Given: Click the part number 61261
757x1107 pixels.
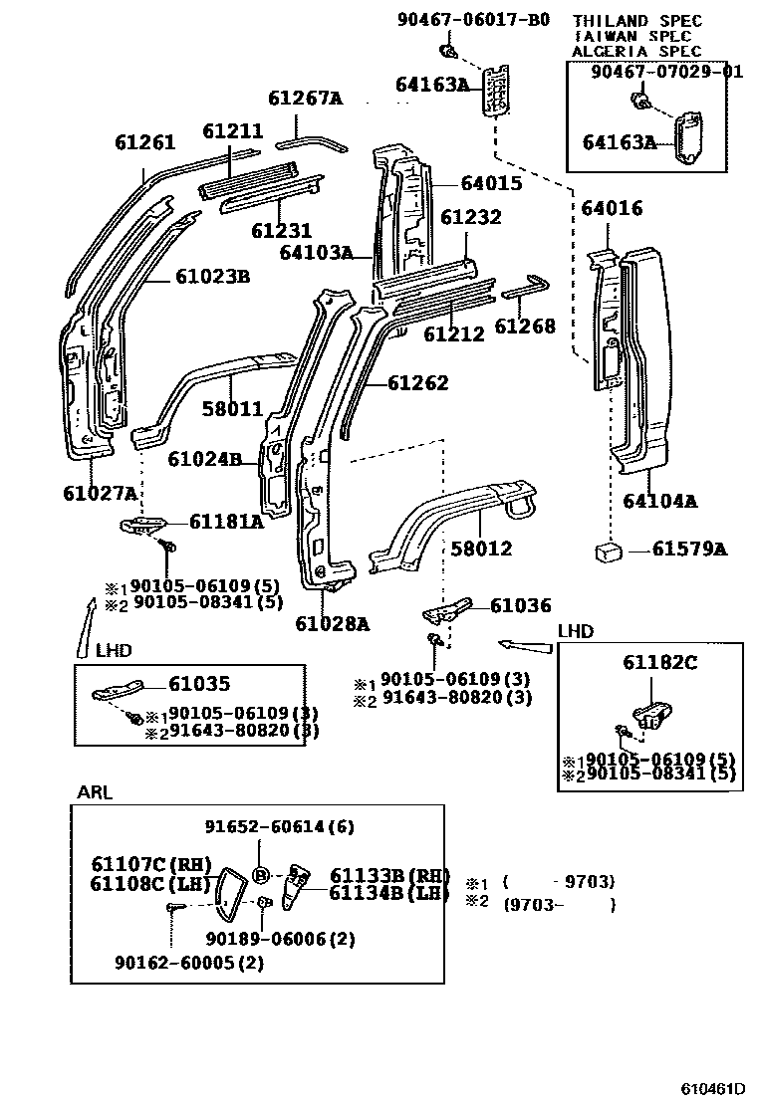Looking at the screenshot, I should click(x=144, y=142).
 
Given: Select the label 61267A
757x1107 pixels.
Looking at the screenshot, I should click(x=305, y=98).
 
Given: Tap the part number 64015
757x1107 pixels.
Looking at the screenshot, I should click(x=491, y=183).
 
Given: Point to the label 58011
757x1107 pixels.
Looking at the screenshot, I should click(x=232, y=409).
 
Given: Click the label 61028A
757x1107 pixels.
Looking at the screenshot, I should click(x=332, y=624).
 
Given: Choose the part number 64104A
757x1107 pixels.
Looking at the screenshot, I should click(x=659, y=501).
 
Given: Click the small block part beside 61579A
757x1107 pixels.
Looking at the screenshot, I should click(x=610, y=550).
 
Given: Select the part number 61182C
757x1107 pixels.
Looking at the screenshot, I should click(x=660, y=662).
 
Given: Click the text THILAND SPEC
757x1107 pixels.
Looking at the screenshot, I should click(x=636, y=21).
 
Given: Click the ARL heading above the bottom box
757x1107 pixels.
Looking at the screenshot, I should click(x=95, y=792).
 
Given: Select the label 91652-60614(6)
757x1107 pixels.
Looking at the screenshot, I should click(x=280, y=827).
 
